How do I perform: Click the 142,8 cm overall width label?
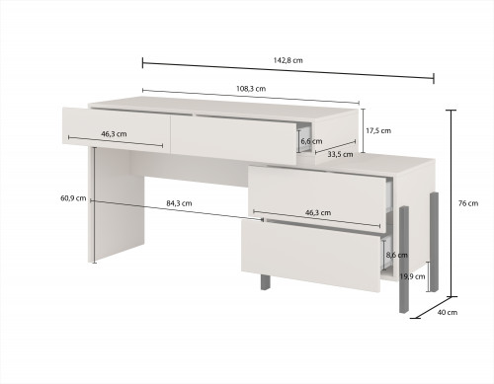[x=288, y=60]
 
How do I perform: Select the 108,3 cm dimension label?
[x=251, y=89]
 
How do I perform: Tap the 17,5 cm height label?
[x=378, y=130]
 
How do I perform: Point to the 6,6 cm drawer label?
[x=311, y=141]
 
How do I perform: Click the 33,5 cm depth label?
[x=340, y=154]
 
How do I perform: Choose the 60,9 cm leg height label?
[x=73, y=198]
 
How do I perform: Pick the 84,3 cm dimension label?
[x=179, y=203]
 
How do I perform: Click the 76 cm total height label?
[x=468, y=203]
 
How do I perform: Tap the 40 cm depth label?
[x=448, y=312]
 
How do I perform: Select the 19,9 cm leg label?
[x=412, y=276]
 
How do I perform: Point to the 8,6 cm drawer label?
[x=397, y=255]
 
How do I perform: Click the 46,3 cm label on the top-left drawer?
[x=114, y=134]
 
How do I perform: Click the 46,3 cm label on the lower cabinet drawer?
[x=318, y=212]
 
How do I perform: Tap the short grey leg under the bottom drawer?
[x=266, y=282]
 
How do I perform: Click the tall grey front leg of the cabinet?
[x=404, y=260]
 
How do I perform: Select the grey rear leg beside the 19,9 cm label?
[x=434, y=242]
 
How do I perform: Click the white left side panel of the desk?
[x=117, y=205]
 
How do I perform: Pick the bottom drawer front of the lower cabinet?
[x=311, y=255]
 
